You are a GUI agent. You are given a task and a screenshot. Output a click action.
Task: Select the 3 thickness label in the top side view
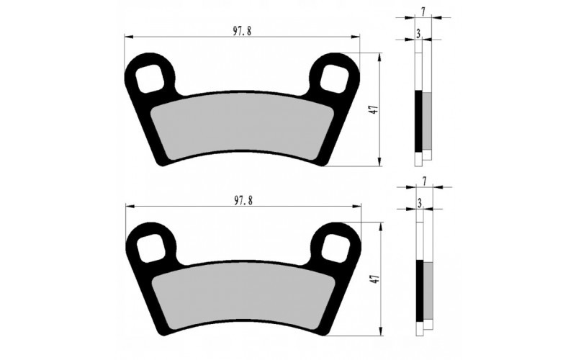pyautogui.click(x=418, y=33)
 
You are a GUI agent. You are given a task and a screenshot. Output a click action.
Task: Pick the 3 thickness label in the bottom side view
pyautogui.click(x=418, y=204)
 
